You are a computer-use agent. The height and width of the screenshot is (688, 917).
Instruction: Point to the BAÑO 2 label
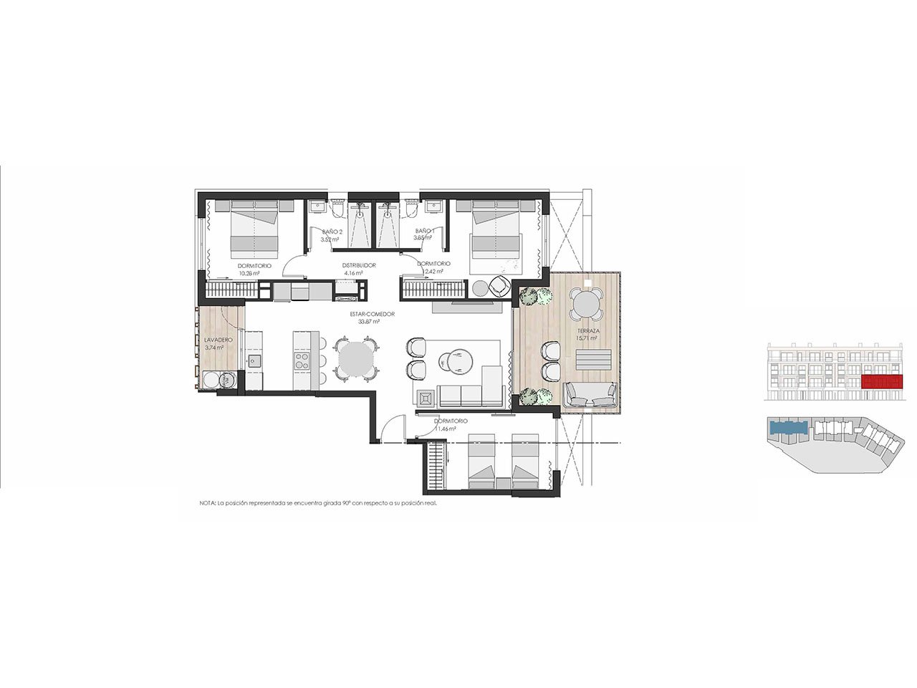click(332, 232)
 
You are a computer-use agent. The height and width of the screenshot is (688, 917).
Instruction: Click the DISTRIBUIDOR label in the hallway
click(359, 265)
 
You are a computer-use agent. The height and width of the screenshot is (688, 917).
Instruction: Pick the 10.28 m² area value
click(254, 273)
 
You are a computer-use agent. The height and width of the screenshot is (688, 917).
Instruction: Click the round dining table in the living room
click(356, 359)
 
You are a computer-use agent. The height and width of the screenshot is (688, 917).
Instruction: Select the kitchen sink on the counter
click(255, 361)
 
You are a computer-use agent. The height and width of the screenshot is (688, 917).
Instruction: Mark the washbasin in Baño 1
click(433, 208)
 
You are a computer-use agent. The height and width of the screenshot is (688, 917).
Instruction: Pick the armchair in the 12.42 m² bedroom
click(499, 287)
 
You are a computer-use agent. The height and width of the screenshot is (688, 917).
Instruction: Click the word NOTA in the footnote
click(207, 504)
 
